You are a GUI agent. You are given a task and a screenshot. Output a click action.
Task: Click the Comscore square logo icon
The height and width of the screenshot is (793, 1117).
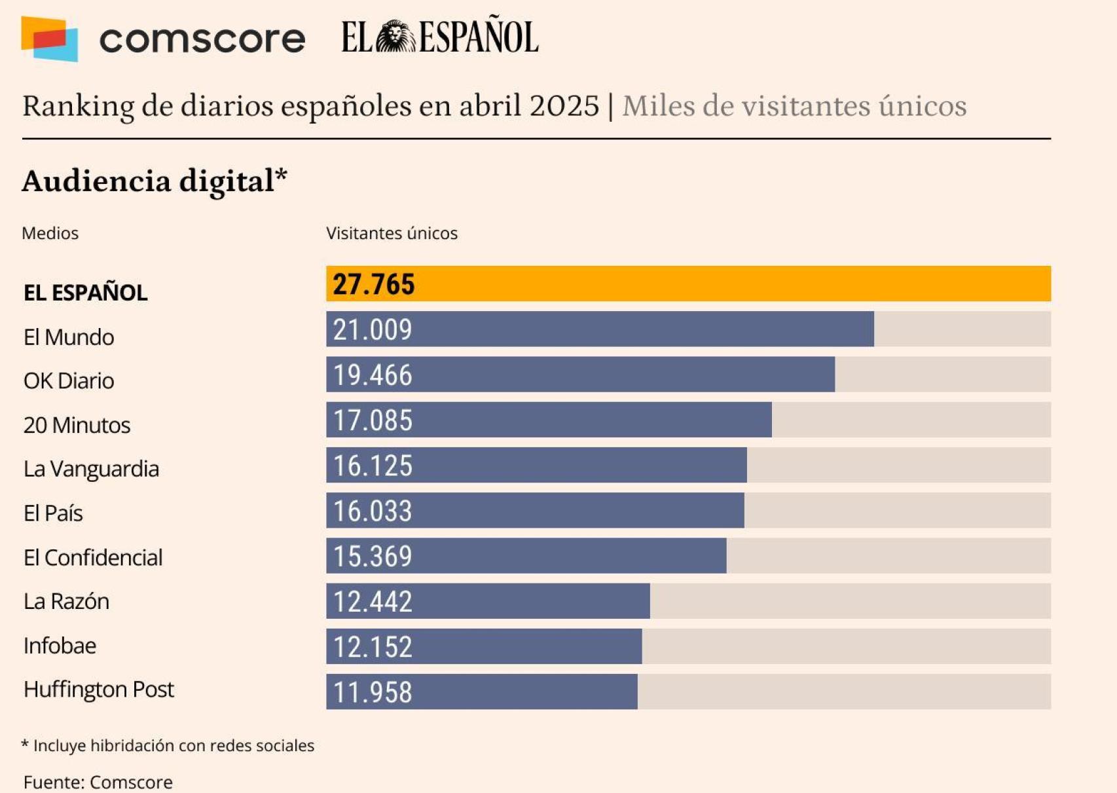(50, 39)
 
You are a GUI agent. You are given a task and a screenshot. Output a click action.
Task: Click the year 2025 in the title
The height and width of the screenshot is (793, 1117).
(564, 105)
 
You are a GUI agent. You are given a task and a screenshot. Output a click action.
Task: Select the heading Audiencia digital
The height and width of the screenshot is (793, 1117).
(155, 181)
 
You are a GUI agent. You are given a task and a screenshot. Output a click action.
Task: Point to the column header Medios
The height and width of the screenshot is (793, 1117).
(50, 233)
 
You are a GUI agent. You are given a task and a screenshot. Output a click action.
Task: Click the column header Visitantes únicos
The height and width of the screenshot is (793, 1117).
(392, 233)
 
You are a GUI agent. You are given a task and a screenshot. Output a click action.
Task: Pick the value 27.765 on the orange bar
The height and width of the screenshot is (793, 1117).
(373, 284)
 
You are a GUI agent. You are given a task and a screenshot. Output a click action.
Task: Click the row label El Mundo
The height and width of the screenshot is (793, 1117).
(69, 337)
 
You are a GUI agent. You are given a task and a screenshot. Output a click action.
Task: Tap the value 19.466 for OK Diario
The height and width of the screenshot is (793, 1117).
(373, 375)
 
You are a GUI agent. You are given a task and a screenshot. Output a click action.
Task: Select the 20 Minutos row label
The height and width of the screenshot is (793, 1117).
(77, 426)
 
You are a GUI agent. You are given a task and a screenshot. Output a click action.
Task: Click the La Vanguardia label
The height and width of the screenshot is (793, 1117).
(91, 469)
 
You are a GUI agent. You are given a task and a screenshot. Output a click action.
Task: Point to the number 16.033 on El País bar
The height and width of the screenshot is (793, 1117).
(373, 511)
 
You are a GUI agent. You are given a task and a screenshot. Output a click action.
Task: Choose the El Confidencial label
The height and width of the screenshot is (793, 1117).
(93, 558)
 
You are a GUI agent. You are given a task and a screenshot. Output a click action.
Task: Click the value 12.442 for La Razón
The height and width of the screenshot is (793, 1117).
(373, 602)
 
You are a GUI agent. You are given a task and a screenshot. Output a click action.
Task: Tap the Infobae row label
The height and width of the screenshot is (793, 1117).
(60, 646)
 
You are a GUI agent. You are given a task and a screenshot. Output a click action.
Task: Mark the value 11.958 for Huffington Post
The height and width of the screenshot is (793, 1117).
(373, 692)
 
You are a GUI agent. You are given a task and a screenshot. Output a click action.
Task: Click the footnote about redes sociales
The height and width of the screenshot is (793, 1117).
(168, 745)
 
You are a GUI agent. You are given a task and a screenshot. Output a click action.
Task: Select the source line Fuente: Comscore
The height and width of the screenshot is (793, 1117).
(98, 782)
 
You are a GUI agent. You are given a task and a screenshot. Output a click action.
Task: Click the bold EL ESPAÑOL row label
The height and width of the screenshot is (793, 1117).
(85, 293)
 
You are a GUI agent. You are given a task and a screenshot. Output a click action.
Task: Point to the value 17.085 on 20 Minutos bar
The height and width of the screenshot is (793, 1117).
(373, 420)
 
